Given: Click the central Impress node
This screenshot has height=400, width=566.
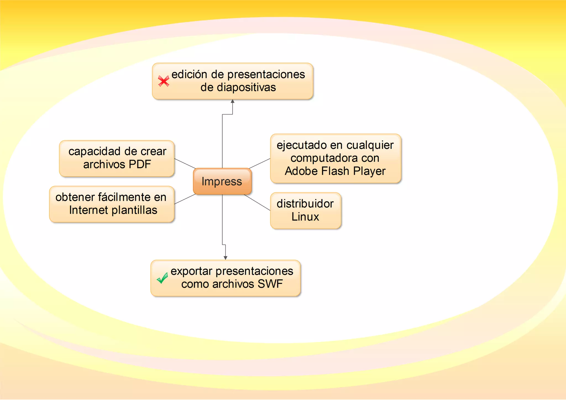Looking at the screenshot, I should pyautogui.click(x=222, y=181).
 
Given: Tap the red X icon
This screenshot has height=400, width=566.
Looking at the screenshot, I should pyautogui.click(x=164, y=81).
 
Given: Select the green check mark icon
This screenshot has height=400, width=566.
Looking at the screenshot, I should pyautogui.click(x=162, y=278).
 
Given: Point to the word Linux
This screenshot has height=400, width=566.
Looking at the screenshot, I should pyautogui.click(x=305, y=217).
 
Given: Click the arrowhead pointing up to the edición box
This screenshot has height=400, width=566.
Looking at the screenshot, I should pyautogui.click(x=232, y=102).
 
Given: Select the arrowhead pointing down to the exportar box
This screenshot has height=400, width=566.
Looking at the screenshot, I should pyautogui.click(x=226, y=257).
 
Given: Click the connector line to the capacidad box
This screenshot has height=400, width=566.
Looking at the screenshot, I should pyautogui.click(x=185, y=164).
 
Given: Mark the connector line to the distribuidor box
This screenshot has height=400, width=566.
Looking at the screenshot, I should pyautogui.click(x=257, y=202).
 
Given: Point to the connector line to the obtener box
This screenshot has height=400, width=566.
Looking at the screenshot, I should pyautogui.click(x=185, y=199).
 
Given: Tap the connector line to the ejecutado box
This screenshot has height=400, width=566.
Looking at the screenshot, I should pyautogui.click(x=260, y=163).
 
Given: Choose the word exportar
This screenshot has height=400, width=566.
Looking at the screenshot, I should pyautogui.click(x=191, y=271).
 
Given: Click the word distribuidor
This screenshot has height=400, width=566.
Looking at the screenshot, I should pyautogui.click(x=305, y=204).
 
